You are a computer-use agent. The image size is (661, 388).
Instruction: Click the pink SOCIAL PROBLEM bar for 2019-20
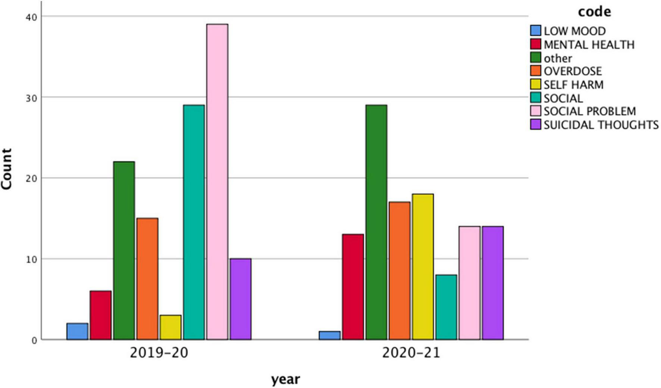[217, 182]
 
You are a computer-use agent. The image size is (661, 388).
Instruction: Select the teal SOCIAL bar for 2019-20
[194, 222]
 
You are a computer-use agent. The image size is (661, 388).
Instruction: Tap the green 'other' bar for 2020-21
[376, 222]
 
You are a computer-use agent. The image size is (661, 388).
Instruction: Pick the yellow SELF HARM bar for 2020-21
[423, 266]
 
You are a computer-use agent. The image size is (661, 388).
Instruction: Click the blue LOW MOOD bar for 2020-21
[329, 335]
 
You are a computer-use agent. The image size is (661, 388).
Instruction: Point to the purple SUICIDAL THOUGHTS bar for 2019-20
[241, 299]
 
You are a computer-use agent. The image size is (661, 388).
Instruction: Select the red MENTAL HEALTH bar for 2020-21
[353, 287]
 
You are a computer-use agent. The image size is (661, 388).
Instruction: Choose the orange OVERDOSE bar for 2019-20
[147, 279]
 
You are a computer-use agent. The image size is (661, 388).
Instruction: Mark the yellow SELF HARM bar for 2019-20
[170, 327]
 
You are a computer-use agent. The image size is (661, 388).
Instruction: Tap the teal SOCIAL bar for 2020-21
[446, 307]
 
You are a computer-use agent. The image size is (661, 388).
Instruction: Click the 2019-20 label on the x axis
[159, 353]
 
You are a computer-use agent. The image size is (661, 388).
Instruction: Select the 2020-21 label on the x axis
[411, 353]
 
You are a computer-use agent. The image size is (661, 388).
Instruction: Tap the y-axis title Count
[7, 169]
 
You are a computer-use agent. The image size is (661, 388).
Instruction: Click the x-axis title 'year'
[285, 379]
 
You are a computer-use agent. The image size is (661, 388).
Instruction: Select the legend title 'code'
[594, 12]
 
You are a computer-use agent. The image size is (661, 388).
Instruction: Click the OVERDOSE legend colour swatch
[536, 71]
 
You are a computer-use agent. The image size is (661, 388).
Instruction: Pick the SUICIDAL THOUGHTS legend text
[601, 125]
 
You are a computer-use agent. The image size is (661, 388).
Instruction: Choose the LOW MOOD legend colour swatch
[536, 31]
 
